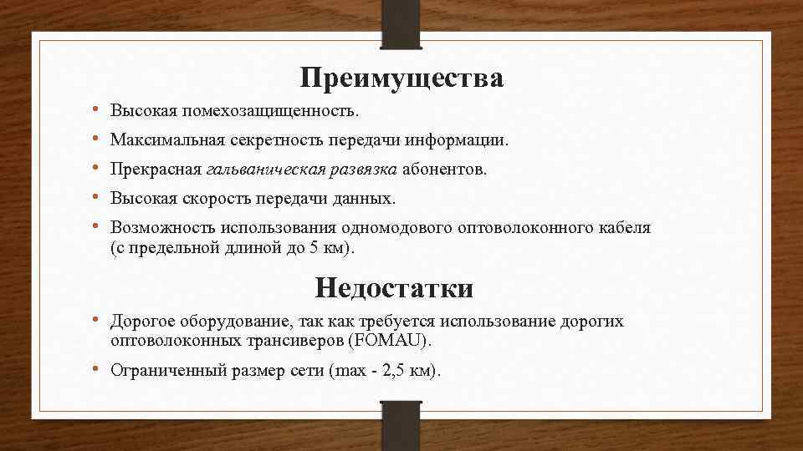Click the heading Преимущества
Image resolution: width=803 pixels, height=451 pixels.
click(x=401, y=79)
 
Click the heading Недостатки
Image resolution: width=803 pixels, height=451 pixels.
click(x=394, y=288)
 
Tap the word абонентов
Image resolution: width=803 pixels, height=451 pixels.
click(x=443, y=170)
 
